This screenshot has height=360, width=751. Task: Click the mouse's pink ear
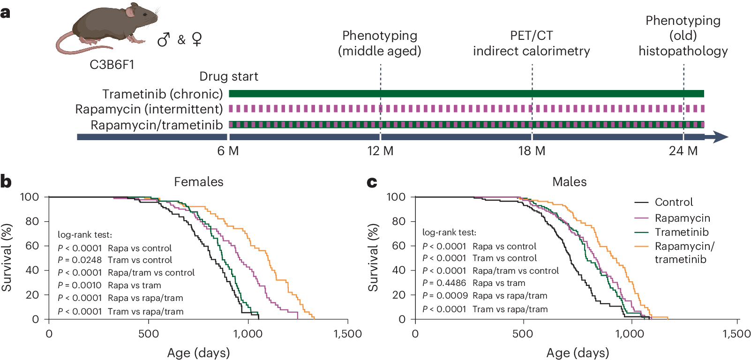click(130, 13)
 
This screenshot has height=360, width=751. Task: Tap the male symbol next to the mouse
click(164, 39)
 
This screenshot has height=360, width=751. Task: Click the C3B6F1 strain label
click(112, 64)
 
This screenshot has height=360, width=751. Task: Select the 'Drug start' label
click(229, 76)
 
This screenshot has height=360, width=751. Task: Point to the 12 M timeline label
click(380, 151)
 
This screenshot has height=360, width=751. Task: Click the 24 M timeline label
click(683, 151)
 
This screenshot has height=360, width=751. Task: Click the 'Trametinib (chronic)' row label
click(163, 94)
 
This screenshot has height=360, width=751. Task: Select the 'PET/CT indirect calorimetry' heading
click(532, 43)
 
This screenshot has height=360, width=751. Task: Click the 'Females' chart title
click(198, 182)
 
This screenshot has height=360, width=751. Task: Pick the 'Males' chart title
click(569, 182)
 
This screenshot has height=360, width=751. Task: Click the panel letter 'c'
click(372, 182)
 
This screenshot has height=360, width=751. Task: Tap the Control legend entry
click(664, 202)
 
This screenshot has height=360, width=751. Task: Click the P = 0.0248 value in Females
click(79, 260)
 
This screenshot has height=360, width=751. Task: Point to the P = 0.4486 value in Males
click(444, 283)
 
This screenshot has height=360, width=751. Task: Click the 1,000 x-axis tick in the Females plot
click(248, 334)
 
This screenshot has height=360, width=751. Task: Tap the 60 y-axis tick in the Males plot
click(398, 246)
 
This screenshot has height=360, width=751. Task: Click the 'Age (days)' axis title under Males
click(578, 352)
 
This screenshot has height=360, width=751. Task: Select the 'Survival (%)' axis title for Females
click(7, 257)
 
